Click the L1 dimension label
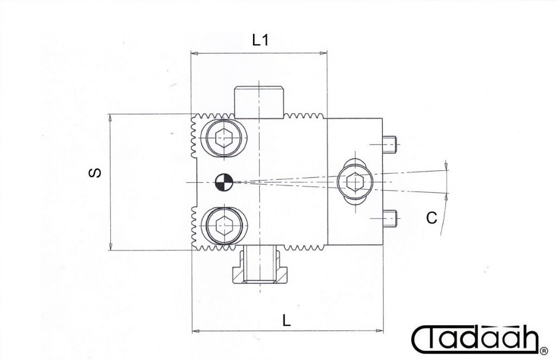tap(261, 40)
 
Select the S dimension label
tap(95, 173)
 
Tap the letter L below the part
tap(286, 320)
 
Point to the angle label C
tap(431, 218)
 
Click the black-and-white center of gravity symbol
tap(224, 182)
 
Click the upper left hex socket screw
tap(224, 138)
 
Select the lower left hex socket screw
tap(224, 227)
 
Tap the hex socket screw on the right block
tap(355, 182)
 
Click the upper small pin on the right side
tap(389, 144)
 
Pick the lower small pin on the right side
tap(389, 219)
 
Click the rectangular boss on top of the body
tap(259, 102)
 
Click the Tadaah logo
tap(476, 338)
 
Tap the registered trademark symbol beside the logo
tap(544, 351)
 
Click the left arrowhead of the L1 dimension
tap(194, 53)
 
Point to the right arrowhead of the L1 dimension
tap(323, 53)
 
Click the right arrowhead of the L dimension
tap(379, 331)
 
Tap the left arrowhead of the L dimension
tap(196, 331)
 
